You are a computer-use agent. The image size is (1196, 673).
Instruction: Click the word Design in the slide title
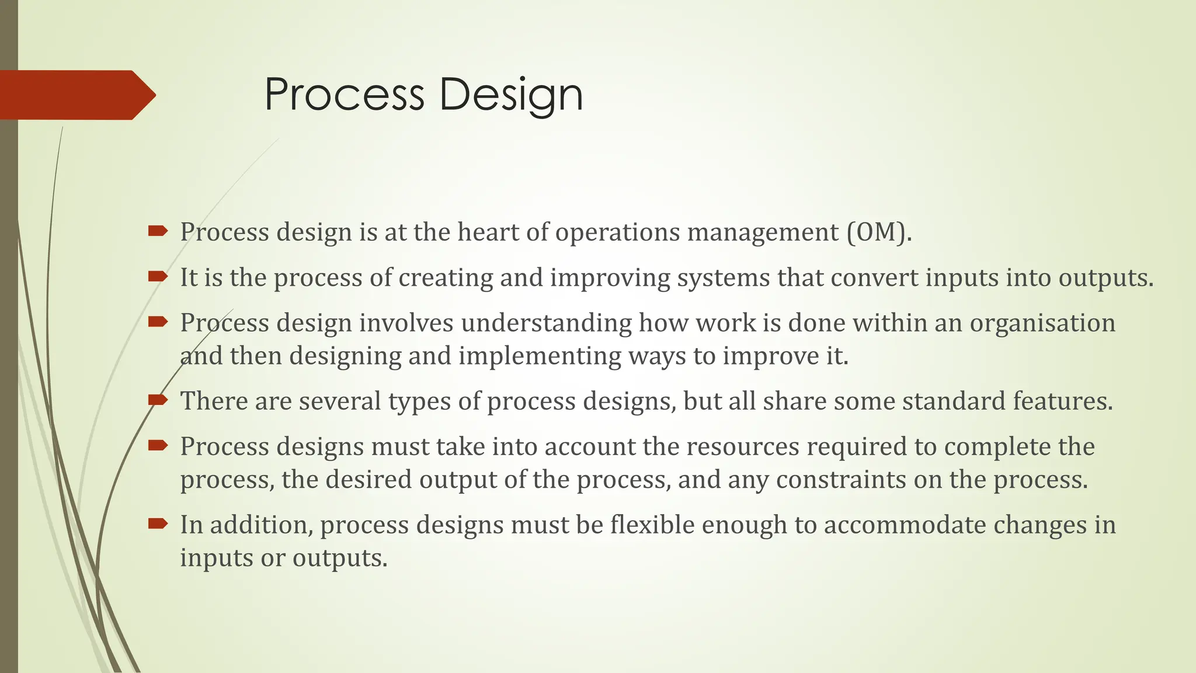[511, 95]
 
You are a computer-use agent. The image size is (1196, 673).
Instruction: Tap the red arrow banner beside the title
[76, 95]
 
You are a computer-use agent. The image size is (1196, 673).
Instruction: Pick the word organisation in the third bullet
[1042, 323]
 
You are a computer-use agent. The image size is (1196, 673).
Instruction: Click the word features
[1063, 401]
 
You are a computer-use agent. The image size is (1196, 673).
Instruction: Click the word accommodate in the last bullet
[905, 525]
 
